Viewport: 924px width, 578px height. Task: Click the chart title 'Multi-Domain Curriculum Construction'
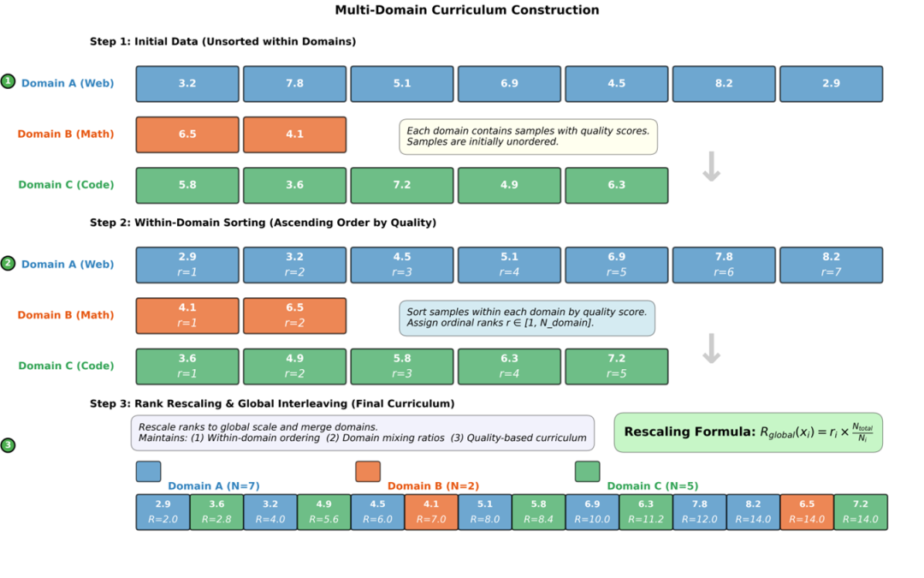[x=466, y=10]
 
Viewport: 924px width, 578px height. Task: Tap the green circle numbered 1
[x=9, y=81]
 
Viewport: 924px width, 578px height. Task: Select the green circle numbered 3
[x=9, y=445]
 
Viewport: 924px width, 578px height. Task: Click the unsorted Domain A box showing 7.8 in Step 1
[x=294, y=84]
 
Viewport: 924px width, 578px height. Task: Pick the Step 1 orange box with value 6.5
[x=187, y=134]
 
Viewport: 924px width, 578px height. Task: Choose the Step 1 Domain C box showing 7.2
[x=402, y=185]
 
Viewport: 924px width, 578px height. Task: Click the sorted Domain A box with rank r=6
[x=724, y=265]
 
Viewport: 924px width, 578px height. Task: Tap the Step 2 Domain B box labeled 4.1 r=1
[x=187, y=315]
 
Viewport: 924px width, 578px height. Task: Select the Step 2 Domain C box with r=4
[x=509, y=366]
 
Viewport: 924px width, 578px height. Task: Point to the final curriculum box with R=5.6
[x=324, y=512]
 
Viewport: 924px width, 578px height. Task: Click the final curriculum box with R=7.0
[x=431, y=512]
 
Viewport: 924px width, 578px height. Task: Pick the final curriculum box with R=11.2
[x=646, y=512]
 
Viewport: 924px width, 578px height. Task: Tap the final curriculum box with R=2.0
[x=163, y=512]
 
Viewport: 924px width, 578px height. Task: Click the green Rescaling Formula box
[x=748, y=432]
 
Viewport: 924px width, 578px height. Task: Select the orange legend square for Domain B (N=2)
[x=368, y=472]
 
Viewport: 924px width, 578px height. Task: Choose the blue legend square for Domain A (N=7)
[x=148, y=472]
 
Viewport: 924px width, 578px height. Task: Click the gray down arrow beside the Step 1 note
[x=711, y=167]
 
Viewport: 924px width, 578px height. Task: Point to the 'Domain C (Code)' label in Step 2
[x=66, y=366]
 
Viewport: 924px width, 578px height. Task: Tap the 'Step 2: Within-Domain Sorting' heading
[x=263, y=223]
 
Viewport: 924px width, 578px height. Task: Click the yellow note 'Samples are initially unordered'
[x=528, y=136]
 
